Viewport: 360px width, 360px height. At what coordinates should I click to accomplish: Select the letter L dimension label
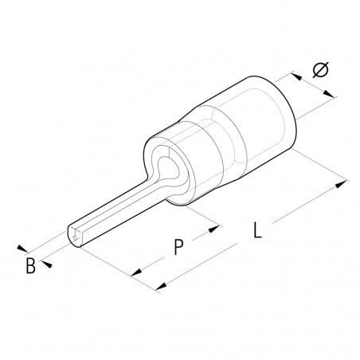click(x=256, y=232)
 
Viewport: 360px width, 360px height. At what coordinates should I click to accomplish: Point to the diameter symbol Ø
click(x=320, y=70)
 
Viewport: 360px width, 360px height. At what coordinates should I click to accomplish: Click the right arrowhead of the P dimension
click(x=214, y=229)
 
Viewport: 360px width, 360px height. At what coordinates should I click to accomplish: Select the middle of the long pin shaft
click(x=119, y=203)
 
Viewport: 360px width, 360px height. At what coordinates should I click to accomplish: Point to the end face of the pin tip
click(x=73, y=240)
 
